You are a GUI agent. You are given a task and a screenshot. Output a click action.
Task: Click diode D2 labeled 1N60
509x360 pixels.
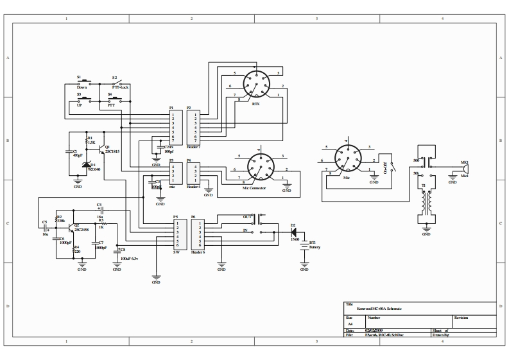tap(293, 231)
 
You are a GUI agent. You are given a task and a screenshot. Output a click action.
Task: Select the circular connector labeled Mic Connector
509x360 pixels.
tap(261, 164)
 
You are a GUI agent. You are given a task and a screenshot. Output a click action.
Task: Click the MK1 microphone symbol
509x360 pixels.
tap(467, 168)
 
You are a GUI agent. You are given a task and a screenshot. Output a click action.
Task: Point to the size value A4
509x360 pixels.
tap(350, 324)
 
